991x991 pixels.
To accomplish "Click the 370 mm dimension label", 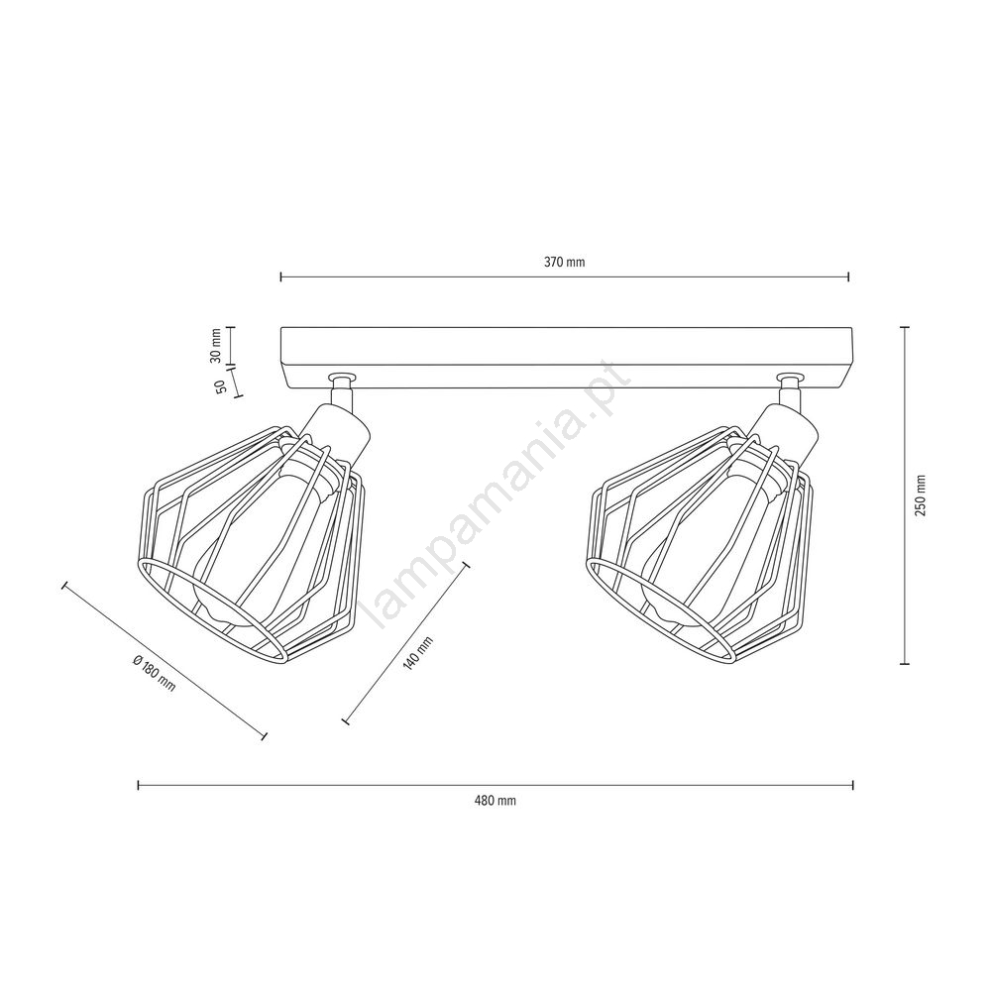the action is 565,263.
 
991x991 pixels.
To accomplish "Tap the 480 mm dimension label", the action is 495,801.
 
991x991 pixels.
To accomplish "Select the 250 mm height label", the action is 921,495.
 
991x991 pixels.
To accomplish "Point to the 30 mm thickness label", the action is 216,345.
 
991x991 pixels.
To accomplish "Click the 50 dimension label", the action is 221,387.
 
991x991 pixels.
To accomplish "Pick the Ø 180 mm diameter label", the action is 155,673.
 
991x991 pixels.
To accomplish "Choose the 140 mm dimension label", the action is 418,653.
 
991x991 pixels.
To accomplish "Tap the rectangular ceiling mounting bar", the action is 566,358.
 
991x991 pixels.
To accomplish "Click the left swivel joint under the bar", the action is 341,389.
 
